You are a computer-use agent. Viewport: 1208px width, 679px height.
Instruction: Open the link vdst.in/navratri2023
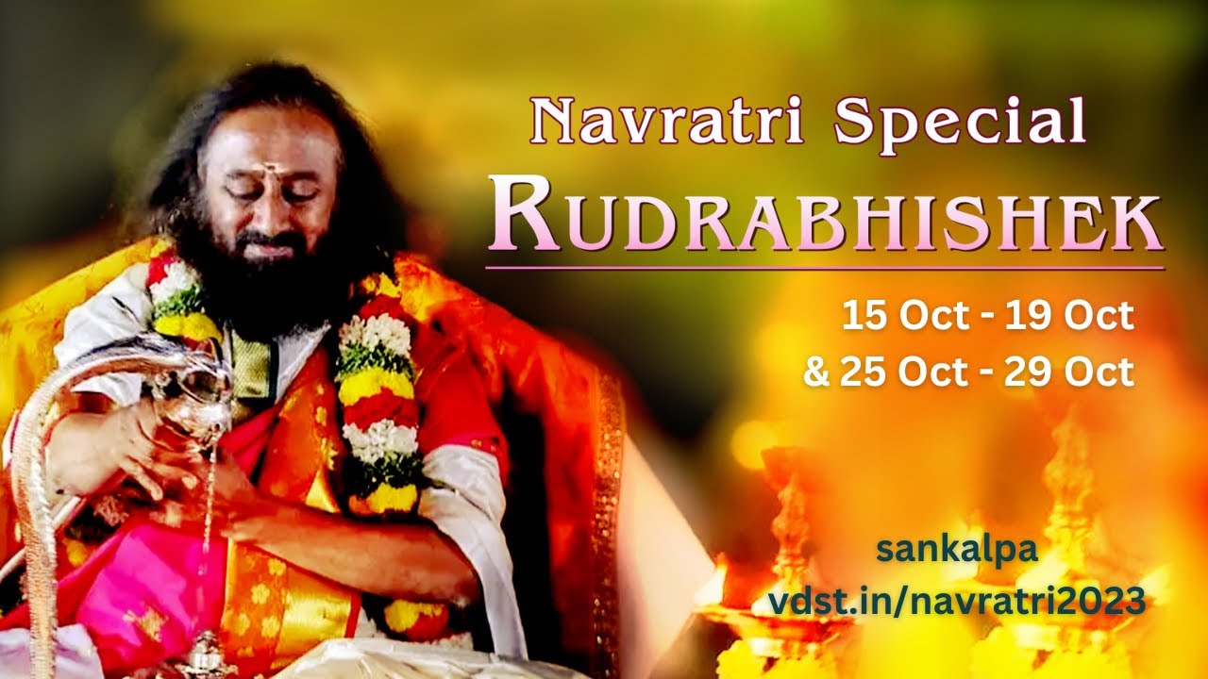tap(957, 600)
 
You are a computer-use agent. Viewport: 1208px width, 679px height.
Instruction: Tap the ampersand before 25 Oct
tap(815, 373)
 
